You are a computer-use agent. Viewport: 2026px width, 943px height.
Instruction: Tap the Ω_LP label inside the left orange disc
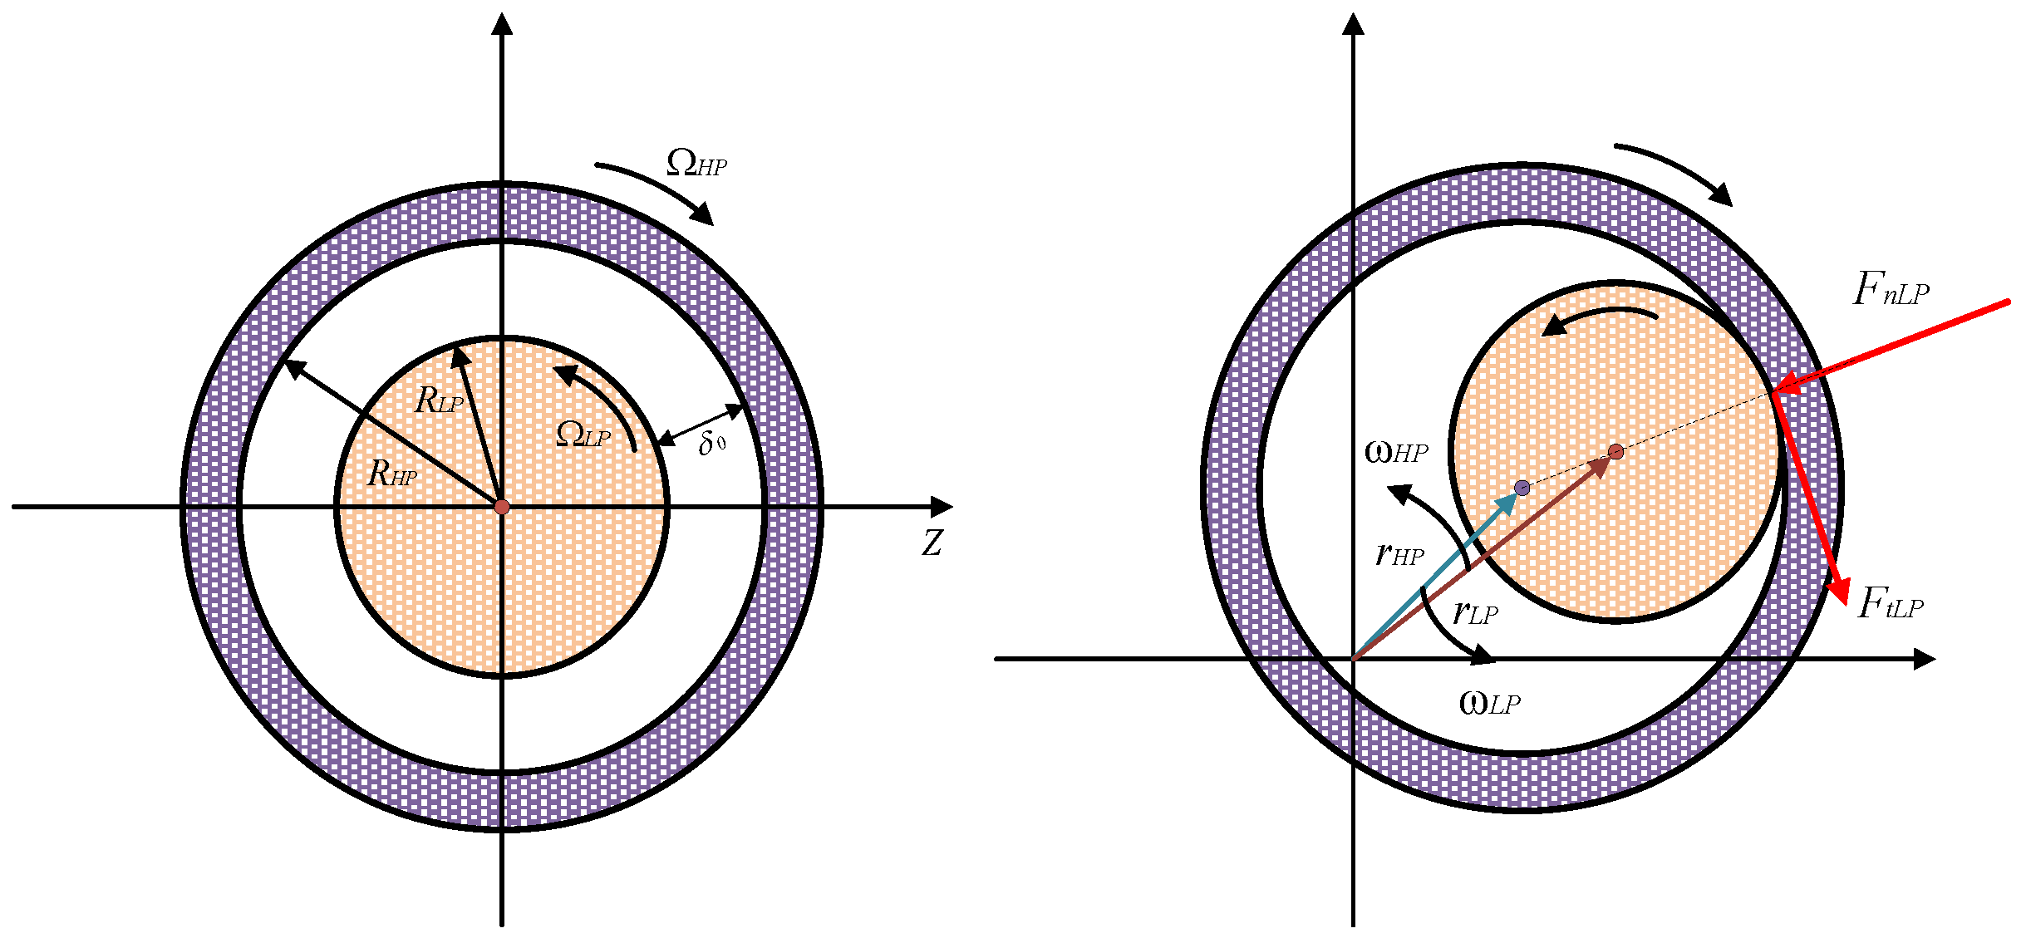(583, 435)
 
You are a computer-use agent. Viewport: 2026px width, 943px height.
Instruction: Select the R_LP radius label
(439, 400)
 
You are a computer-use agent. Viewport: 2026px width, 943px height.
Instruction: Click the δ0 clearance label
(711, 443)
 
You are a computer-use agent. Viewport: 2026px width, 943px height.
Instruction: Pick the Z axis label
(932, 543)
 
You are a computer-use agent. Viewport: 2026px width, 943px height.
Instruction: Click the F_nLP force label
(1891, 290)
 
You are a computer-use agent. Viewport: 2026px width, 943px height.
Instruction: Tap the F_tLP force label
(1891, 603)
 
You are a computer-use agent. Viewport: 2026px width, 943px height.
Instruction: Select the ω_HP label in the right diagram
(1396, 452)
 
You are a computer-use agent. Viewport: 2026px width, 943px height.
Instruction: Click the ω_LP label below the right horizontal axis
(1489, 704)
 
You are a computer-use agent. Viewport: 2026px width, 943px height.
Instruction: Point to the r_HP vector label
(1399, 553)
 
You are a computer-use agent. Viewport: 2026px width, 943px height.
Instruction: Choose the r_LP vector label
(1475, 613)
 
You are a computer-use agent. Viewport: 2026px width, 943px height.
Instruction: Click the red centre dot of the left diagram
(502, 507)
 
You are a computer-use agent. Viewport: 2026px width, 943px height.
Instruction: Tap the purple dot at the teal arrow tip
(1522, 488)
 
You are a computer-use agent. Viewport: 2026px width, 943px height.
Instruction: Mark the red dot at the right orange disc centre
(1615, 452)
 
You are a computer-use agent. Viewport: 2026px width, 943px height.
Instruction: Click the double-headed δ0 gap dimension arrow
(700, 425)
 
